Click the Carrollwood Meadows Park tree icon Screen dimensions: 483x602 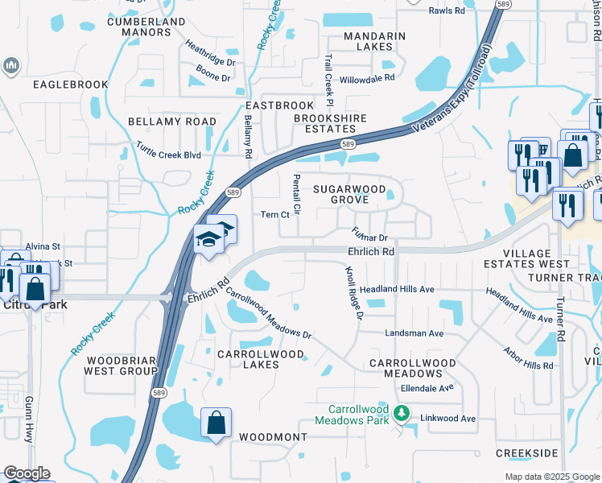(403, 415)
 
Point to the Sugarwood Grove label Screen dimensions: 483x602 (346, 193)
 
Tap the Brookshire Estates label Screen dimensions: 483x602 (330, 123)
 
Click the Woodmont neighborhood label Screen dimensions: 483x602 (273, 436)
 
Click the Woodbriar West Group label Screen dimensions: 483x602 (122, 365)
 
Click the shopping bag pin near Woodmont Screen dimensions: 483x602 (216, 423)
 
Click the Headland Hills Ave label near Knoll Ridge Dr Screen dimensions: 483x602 (397, 289)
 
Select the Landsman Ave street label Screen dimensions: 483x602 (414, 333)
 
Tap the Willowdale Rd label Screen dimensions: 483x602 (367, 78)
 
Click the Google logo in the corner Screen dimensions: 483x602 (27, 473)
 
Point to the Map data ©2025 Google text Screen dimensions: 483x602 (552, 477)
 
